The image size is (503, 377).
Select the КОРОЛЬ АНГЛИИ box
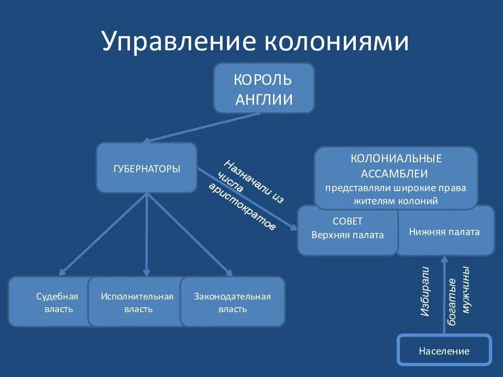[x=264, y=88]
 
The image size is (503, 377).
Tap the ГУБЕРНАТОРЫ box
[x=147, y=168]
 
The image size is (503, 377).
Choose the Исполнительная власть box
[x=137, y=302]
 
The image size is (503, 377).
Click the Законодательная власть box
[x=233, y=302]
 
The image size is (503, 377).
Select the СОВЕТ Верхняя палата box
[x=347, y=229]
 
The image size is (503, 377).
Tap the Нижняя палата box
[x=444, y=231]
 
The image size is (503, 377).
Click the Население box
[x=444, y=351]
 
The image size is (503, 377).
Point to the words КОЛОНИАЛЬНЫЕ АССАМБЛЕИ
[x=396, y=165]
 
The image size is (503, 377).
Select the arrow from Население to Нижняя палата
[x=444, y=293]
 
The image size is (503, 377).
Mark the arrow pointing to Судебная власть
[x=103, y=234]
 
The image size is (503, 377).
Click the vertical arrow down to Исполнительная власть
[x=147, y=234]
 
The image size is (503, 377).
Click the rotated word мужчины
[x=466, y=291]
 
